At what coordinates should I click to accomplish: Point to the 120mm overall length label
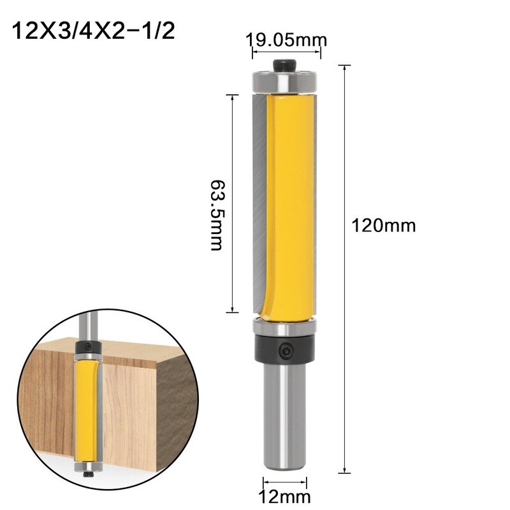coord(383,225)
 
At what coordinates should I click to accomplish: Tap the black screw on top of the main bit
coord(283,65)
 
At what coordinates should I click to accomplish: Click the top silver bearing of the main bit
coord(283,81)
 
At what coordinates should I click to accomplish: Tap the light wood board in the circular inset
coord(127,408)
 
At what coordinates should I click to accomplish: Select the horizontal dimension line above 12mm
coord(284,481)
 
